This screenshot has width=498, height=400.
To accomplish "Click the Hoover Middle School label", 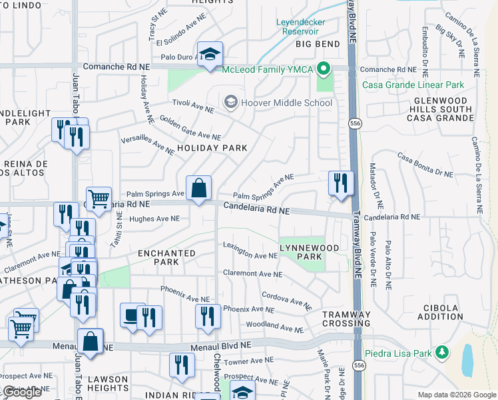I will point(287,103).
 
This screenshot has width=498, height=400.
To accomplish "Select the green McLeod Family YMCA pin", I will point(324,68).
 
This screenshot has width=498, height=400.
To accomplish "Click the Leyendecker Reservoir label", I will point(306,25).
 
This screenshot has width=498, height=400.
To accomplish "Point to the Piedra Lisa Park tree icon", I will point(441,352).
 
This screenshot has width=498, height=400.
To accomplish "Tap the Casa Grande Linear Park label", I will point(413,85).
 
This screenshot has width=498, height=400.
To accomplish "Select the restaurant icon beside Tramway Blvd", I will point(341,183).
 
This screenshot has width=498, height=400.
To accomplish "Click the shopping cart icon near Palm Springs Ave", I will point(99,199).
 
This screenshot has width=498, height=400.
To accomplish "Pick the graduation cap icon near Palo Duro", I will point(210,55).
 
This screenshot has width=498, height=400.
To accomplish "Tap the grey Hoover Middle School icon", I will point(231,102).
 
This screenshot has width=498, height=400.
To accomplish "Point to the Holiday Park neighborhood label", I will point(212,148).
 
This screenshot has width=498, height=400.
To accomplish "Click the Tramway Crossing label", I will point(346,319).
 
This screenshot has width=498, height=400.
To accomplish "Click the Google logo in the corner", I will point(23,392).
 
